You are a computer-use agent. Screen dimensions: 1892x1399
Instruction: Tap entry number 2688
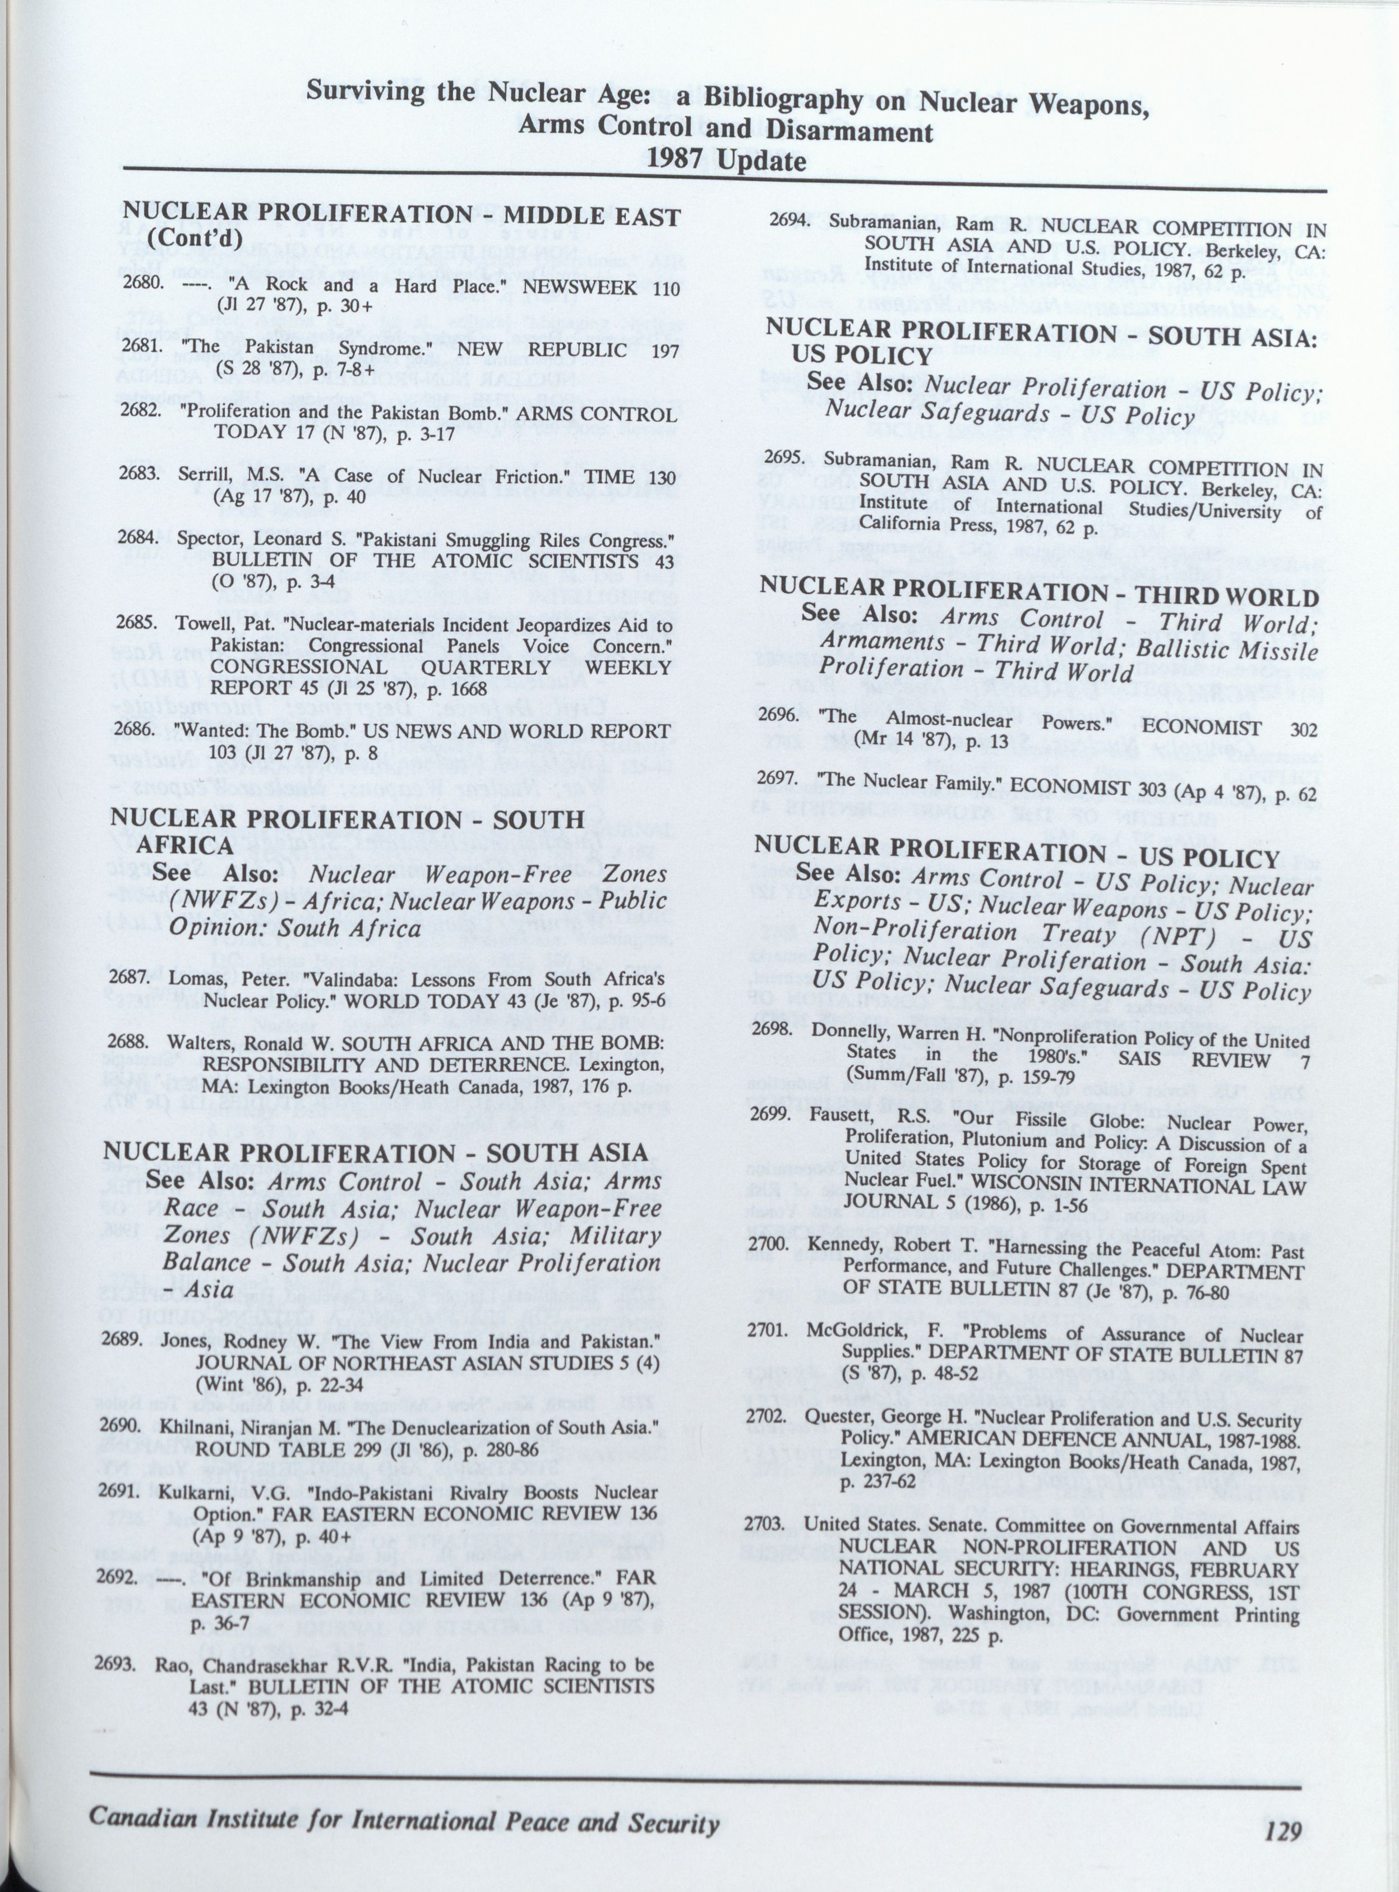pos(127,1043)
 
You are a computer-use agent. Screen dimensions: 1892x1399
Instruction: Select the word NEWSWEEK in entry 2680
pos(579,287)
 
